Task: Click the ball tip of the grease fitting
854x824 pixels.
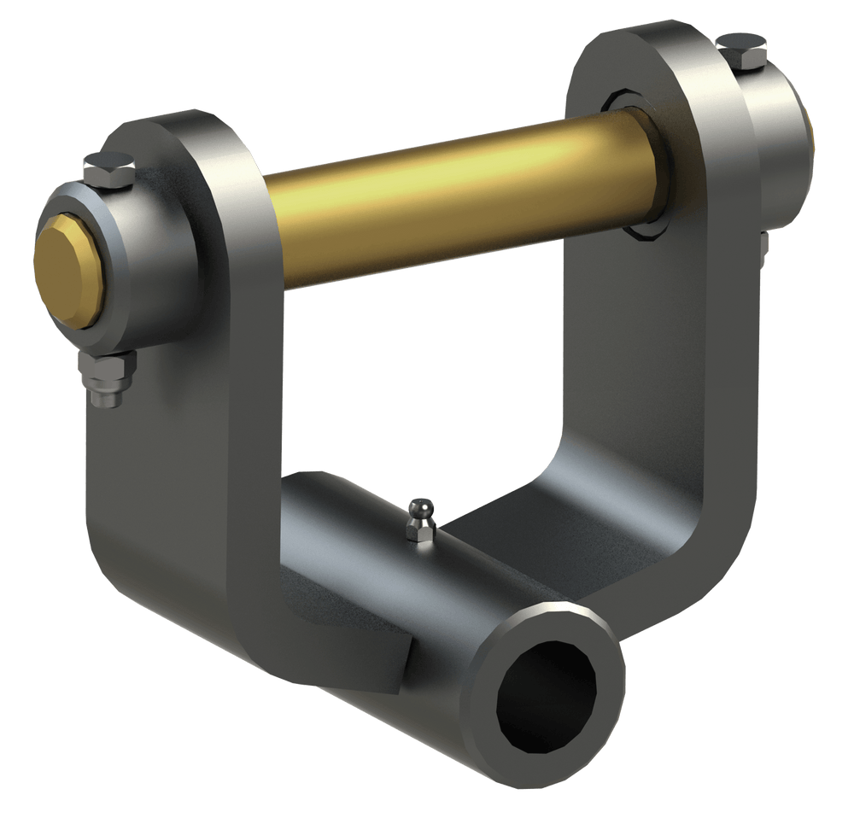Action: point(421,511)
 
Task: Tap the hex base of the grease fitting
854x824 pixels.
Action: point(421,534)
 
